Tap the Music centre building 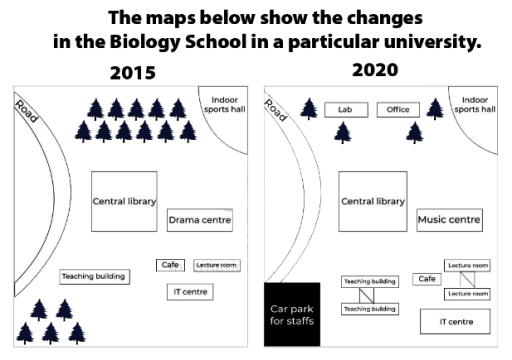[449, 219]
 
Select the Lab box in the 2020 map [346, 110]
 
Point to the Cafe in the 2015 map [170, 265]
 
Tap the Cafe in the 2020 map [428, 279]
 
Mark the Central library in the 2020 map [373, 201]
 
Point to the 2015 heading [134, 73]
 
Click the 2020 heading [375, 70]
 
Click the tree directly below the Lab [343, 130]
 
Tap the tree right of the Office [434, 108]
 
